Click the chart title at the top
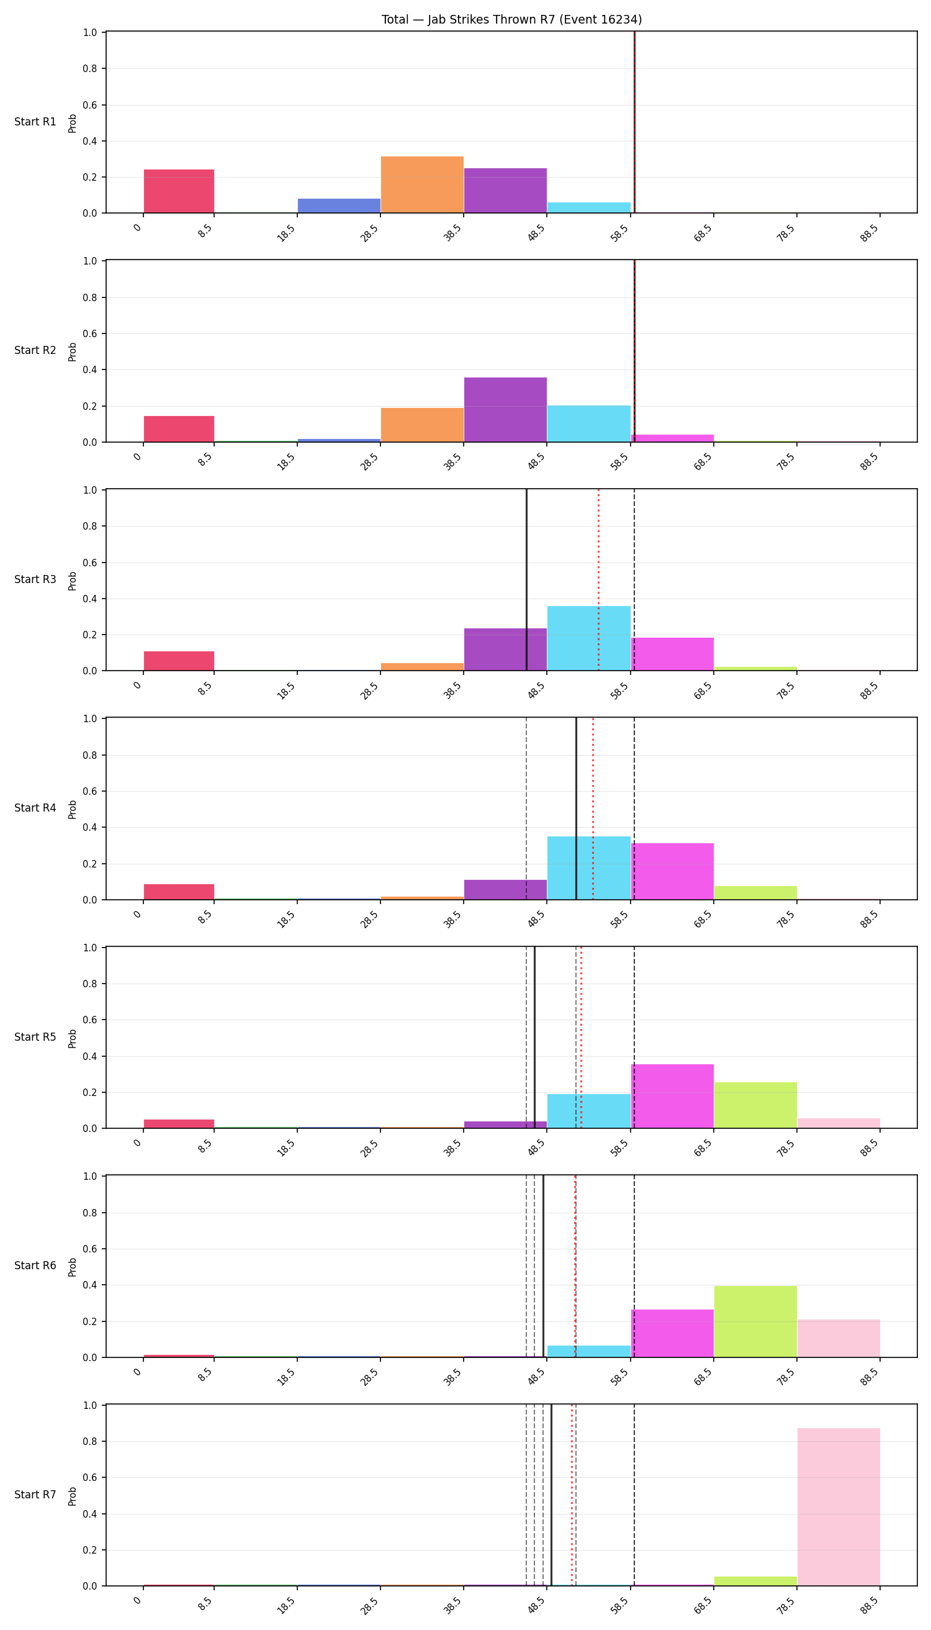[x=511, y=19]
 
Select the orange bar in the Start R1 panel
[x=422, y=184]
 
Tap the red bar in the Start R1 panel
[x=179, y=191]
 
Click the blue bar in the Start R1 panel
[x=339, y=206]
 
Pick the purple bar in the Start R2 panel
[x=505, y=409]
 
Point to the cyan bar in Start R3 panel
[x=589, y=638]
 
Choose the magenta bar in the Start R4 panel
[x=672, y=871]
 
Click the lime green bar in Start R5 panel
[x=755, y=1105]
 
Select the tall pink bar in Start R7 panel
[x=839, y=1506]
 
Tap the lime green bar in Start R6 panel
[x=755, y=1321]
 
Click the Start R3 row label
[x=35, y=579]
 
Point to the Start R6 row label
[x=35, y=1266]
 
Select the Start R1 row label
[x=35, y=122]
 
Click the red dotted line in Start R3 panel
[x=598, y=580]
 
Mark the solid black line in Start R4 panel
[x=576, y=808]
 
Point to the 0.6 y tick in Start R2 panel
[x=90, y=334]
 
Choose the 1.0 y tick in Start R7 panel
[x=90, y=1405]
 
